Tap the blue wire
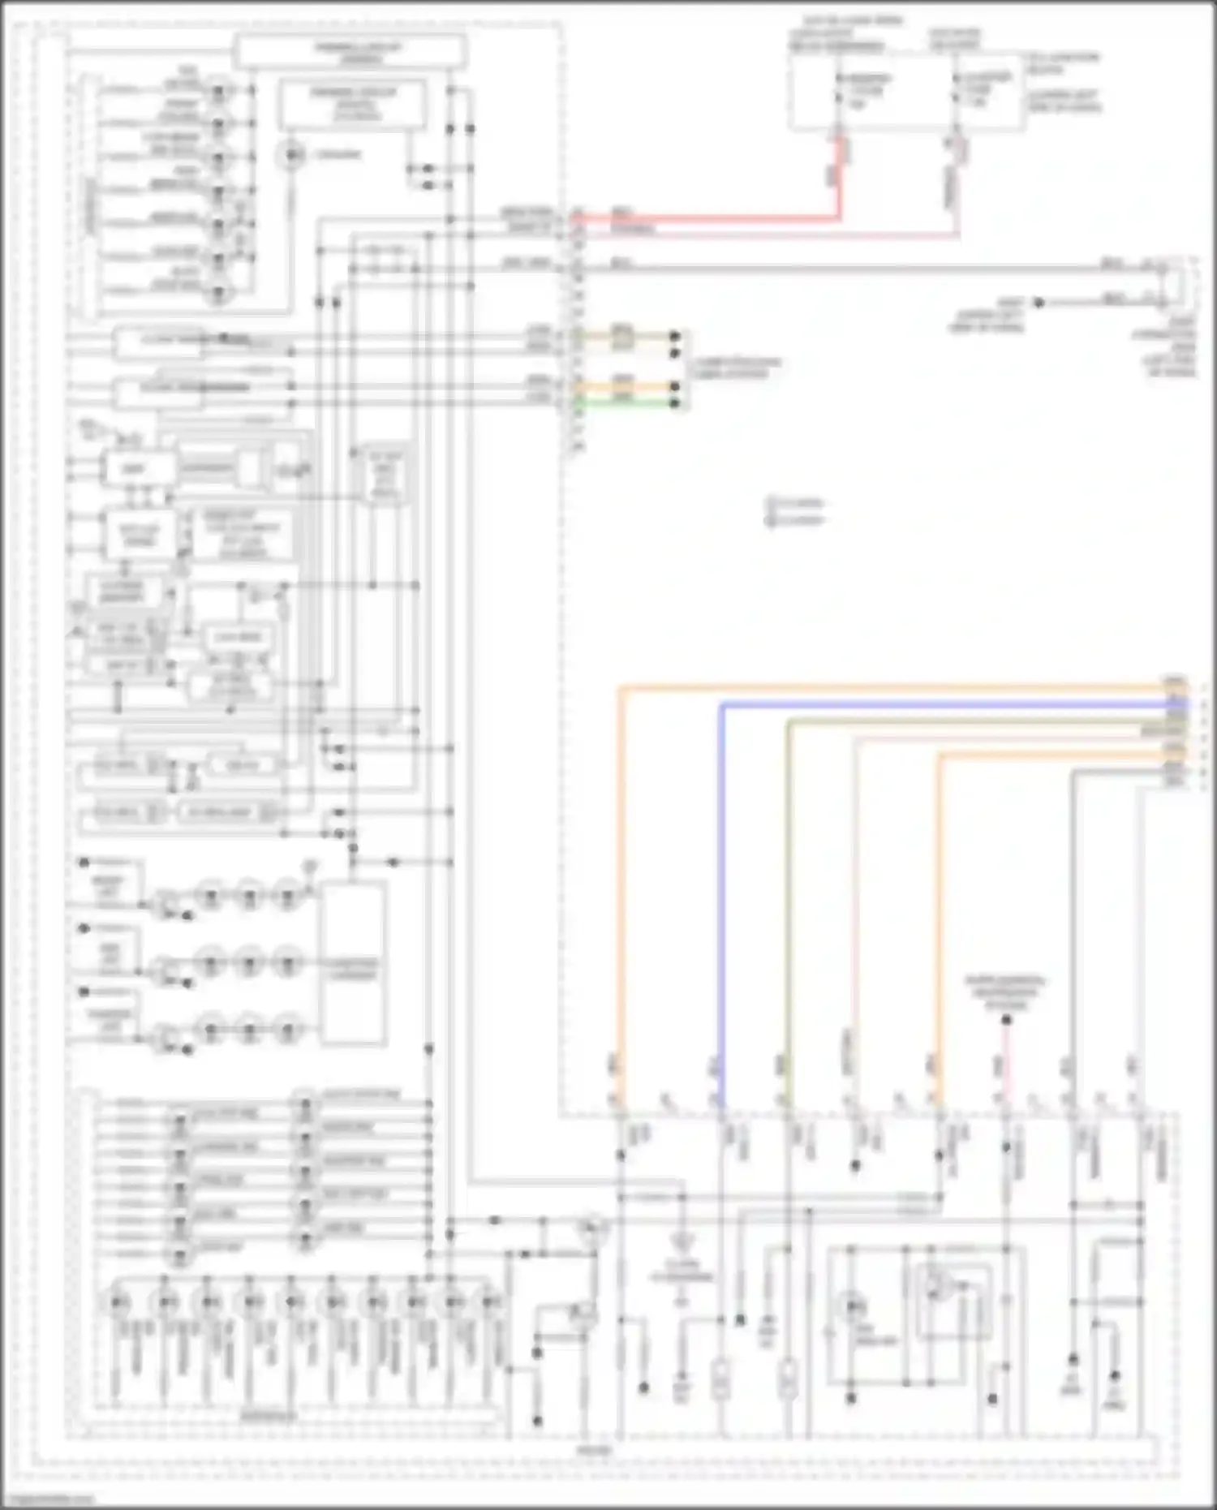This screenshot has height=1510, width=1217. pos(933,705)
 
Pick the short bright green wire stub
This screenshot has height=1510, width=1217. pos(625,402)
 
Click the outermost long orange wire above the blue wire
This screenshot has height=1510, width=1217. pos(892,689)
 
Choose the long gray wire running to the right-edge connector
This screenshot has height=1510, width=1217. pos(852,267)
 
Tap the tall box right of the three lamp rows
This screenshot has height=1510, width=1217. pos(354,962)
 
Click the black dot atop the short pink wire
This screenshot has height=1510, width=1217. pos(1006,1020)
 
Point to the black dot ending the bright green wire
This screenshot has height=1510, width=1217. pos(675,402)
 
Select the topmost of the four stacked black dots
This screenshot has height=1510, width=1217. pos(675,335)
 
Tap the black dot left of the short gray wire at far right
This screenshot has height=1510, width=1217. pos(1039,303)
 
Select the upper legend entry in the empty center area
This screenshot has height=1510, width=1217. pos(795,504)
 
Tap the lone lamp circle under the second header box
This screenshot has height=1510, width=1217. pos(291,154)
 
